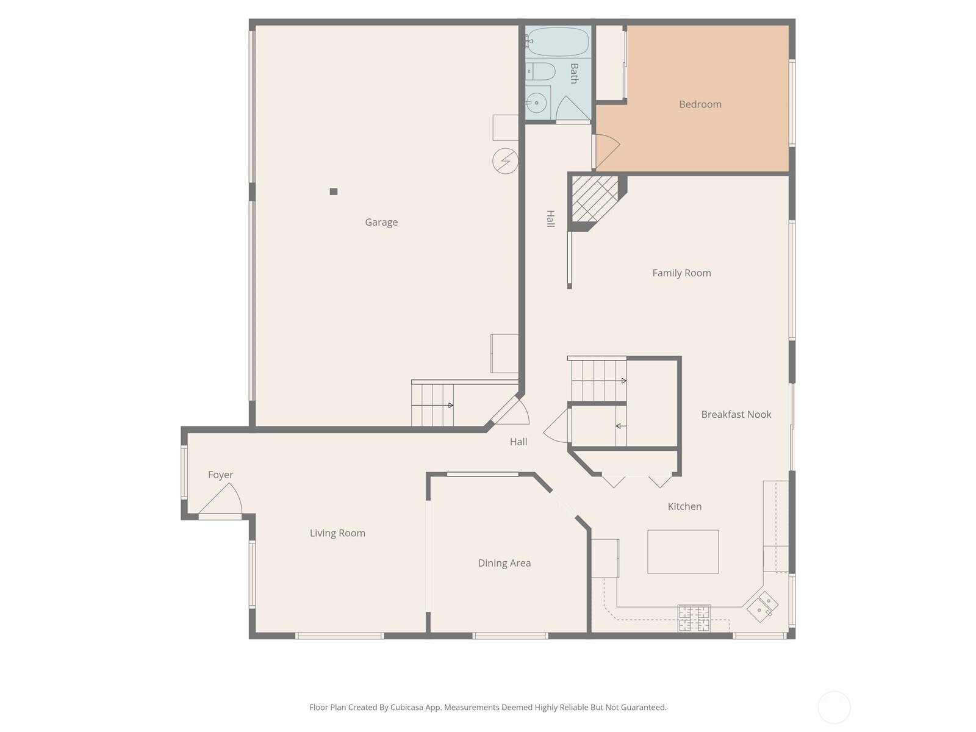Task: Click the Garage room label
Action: click(381, 222)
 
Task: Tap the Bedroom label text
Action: click(700, 104)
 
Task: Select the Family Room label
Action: click(681, 273)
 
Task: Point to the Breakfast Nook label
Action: click(736, 414)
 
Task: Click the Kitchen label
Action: click(684, 506)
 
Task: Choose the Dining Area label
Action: click(504, 563)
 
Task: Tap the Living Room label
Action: click(337, 533)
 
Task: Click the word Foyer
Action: click(220, 475)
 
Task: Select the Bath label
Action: click(573, 73)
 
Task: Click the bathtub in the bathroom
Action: click(558, 41)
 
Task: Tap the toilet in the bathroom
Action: click(540, 71)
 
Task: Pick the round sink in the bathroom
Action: click(537, 103)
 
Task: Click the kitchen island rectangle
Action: click(683, 551)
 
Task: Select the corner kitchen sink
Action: click(762, 606)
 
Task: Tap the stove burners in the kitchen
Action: click(694, 618)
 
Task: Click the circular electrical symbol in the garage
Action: click(505, 161)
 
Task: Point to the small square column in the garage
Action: click(334, 192)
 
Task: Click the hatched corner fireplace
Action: click(595, 199)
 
